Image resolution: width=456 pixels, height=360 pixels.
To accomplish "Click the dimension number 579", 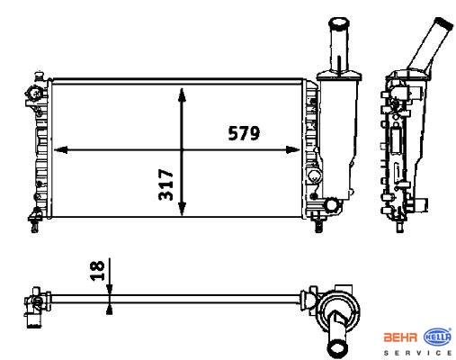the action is point(244,133).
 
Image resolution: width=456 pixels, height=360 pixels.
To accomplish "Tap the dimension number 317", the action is point(165,184).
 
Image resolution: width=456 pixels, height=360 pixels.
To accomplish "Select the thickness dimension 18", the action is point(97,271).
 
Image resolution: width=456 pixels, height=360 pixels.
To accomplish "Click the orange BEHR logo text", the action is point(400,337).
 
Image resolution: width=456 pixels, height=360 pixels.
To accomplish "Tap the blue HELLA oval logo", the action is point(437,337).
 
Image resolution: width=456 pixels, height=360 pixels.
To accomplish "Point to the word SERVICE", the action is point(418,353).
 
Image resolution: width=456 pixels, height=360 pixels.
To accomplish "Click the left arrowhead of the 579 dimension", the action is point(60,149).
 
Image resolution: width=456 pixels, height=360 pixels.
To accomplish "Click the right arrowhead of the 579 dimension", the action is point(292,149).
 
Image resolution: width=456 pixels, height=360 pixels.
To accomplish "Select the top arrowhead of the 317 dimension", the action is point(182,95).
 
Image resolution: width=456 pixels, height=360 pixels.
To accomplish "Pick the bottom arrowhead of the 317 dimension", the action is point(182,209).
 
